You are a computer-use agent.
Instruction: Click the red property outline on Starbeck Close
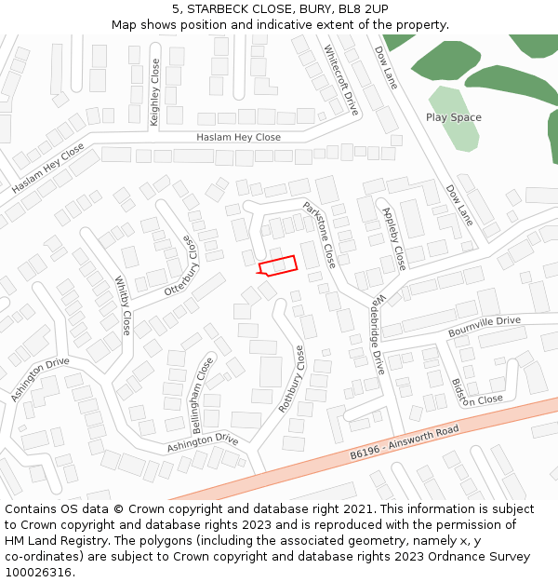click(x=277, y=266)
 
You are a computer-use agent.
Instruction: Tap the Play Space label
click(x=453, y=117)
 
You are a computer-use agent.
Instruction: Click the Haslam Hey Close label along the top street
click(x=238, y=138)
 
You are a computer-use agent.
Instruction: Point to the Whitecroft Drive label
click(x=340, y=79)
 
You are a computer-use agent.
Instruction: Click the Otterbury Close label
click(x=182, y=265)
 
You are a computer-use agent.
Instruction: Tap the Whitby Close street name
click(x=123, y=305)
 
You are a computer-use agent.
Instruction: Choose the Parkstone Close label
click(x=319, y=233)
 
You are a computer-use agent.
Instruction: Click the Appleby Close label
click(x=394, y=238)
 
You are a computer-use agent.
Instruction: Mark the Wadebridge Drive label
click(x=378, y=334)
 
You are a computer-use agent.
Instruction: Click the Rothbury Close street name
click(x=291, y=379)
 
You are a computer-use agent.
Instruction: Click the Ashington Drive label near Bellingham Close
click(x=202, y=443)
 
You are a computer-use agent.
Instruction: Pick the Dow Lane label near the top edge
click(x=385, y=67)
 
